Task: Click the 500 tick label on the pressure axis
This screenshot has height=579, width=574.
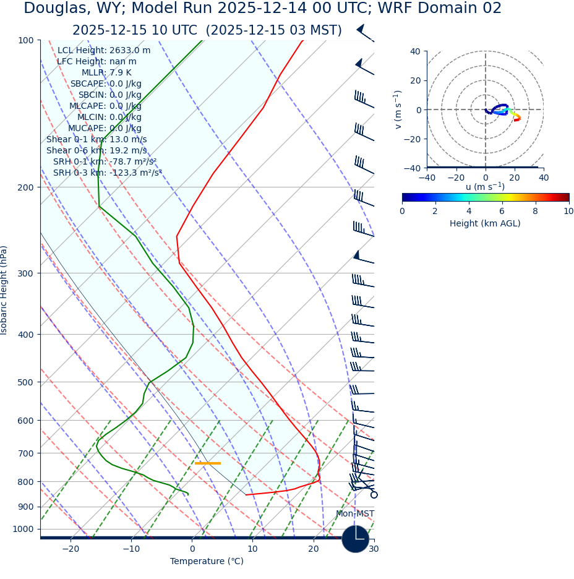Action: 26,382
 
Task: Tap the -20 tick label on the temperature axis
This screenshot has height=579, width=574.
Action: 71,549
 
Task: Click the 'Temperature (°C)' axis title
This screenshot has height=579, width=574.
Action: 207,562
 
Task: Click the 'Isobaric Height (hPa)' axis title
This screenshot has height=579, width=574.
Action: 4,290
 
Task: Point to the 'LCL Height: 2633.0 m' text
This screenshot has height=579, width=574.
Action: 104,51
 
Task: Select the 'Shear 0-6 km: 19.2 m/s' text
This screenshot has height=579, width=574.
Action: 96,151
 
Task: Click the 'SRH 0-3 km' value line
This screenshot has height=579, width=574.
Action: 107,173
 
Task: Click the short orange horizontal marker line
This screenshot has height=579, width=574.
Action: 208,463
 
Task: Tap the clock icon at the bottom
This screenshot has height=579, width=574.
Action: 355,539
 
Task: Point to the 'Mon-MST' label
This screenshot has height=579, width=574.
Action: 354,514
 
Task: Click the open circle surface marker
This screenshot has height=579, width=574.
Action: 374,495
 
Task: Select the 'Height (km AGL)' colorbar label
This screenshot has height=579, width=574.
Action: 485,223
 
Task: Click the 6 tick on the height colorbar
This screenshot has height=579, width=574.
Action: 502,211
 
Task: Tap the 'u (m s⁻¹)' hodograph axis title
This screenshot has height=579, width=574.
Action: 485,187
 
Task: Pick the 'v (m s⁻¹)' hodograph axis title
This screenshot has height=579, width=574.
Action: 398,109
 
